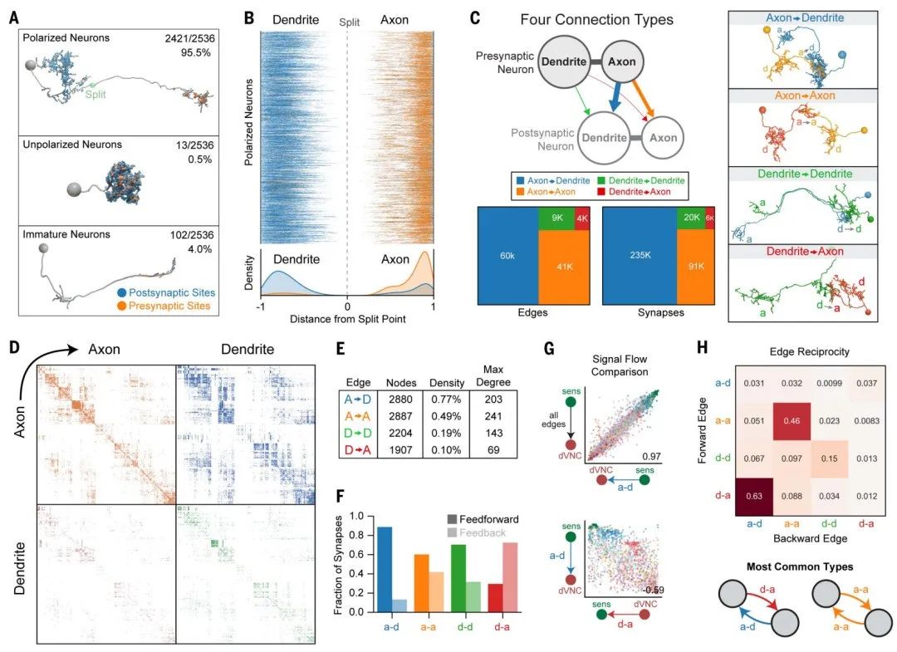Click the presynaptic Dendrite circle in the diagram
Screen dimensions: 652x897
564,60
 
